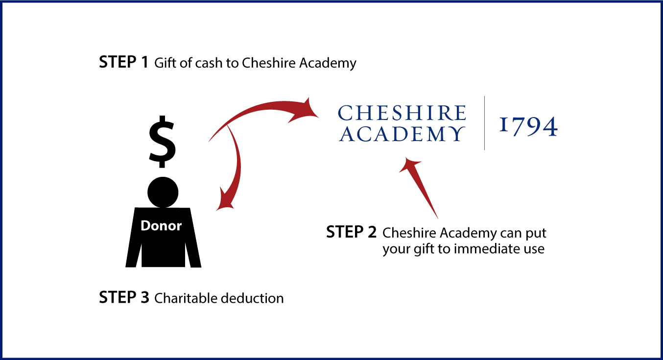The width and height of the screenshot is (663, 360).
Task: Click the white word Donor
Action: click(161, 226)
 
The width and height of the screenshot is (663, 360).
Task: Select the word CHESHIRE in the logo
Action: click(402, 113)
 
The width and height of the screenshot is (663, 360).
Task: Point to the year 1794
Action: click(528, 126)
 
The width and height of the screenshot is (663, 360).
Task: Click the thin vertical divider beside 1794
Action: click(485, 123)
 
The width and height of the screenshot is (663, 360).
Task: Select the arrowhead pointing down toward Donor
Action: click(225, 201)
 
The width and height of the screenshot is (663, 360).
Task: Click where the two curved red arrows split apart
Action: click(227, 126)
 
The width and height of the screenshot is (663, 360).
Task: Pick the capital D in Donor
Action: click(145, 226)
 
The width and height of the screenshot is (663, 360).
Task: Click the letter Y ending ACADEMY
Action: click(457, 134)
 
